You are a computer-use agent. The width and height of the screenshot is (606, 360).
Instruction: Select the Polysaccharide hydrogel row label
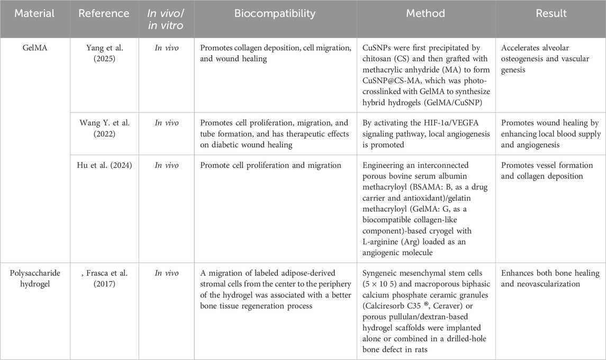click(34, 278)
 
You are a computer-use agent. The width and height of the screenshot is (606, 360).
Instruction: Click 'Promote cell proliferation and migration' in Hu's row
click(271, 166)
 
